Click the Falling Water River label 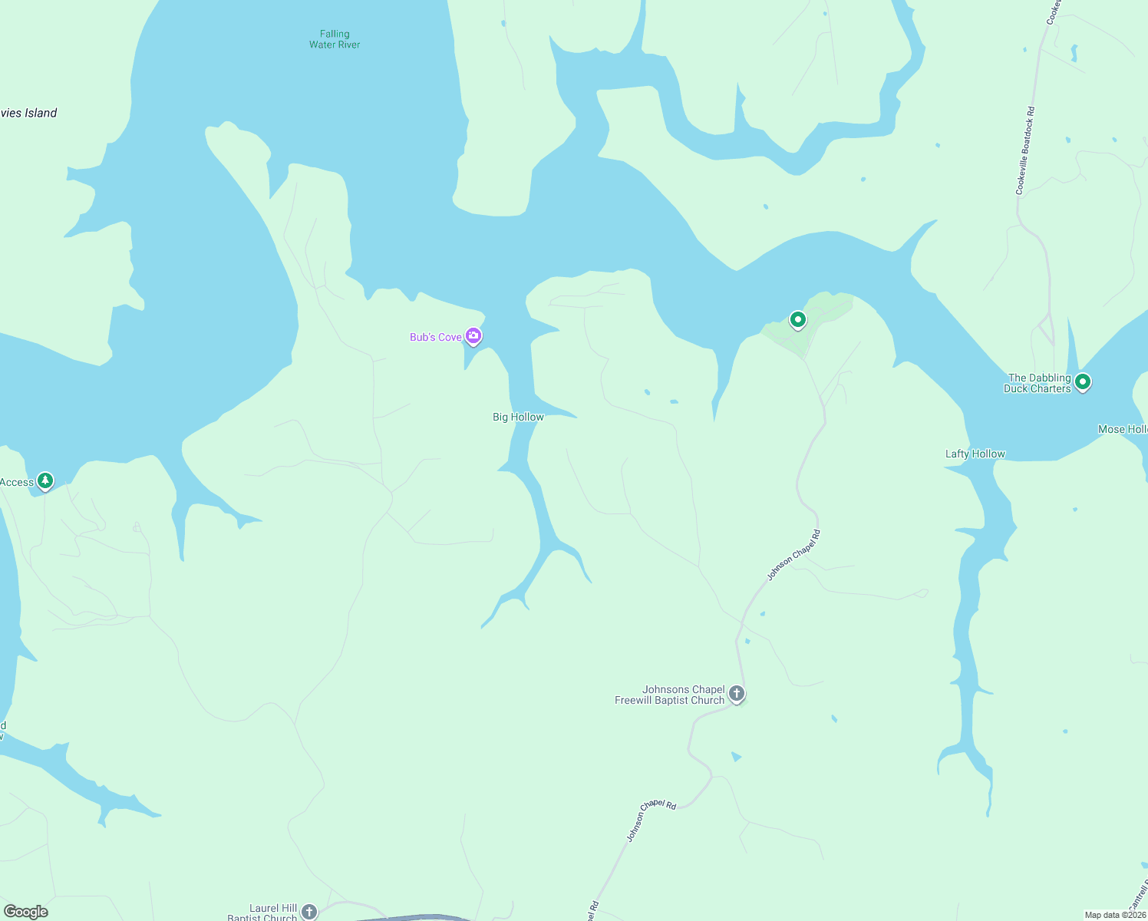[335, 39]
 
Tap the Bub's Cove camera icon [473, 335]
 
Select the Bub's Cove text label [435, 337]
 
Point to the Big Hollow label [518, 417]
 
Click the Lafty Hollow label [975, 454]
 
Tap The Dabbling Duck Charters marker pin [1083, 381]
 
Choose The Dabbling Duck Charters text [1037, 383]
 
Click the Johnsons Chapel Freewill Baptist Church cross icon [736, 694]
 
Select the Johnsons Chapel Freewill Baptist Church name [669, 695]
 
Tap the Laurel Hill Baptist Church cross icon [308, 911]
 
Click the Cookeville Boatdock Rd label [1025, 150]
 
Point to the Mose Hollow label [1122, 429]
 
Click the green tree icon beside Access [45, 480]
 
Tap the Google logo [26, 911]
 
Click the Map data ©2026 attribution [1115, 914]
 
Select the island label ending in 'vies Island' [28, 113]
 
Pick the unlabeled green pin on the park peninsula [798, 319]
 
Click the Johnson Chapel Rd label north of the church [794, 554]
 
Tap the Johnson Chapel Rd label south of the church [652, 820]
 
